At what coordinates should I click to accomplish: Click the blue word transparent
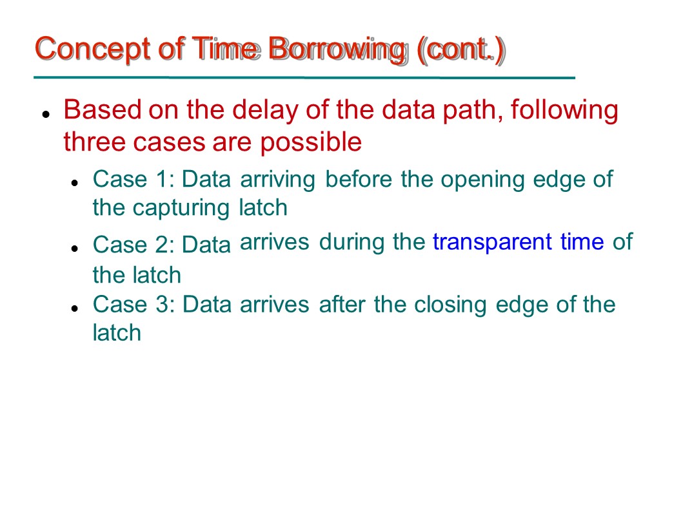(492, 242)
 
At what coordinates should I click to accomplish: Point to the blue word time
(582, 242)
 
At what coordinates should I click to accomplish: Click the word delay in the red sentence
(265, 109)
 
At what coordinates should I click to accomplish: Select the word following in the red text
(564, 111)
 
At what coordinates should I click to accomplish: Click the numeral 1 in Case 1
(163, 179)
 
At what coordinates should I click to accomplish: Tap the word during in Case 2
(351, 242)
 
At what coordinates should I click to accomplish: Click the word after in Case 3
(342, 304)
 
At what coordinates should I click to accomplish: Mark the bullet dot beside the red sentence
(45, 115)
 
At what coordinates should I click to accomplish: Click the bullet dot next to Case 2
(75, 249)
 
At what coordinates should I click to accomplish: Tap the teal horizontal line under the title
(304, 78)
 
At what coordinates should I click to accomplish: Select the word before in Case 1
(359, 179)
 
